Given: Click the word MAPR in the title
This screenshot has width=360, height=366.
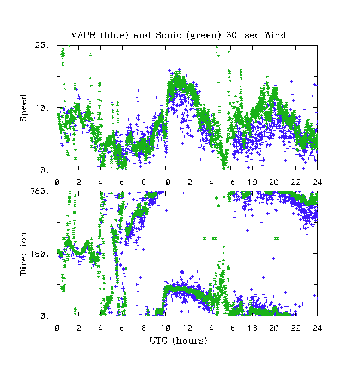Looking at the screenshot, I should tap(82, 35).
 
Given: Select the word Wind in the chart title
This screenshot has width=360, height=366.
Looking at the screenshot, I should tap(275, 35).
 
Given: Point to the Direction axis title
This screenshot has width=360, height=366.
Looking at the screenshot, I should tap(23, 253).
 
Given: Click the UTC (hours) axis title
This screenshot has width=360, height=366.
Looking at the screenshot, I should tap(179, 340).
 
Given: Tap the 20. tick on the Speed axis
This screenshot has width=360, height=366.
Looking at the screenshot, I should tap(42, 46).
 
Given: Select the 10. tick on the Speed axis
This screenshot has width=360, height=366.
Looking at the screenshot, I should tap(42, 108).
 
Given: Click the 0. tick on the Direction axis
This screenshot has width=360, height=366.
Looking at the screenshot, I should tap(44, 316).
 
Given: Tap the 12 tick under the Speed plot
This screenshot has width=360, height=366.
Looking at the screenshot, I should tap(187, 181).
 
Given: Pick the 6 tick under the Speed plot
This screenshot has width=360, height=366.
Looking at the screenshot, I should tap(123, 181).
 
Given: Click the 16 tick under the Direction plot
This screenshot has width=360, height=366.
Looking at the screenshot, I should tap(231, 327).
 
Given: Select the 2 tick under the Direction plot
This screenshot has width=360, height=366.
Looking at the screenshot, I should tap(79, 327).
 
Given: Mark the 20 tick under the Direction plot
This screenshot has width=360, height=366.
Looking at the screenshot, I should tap(274, 327).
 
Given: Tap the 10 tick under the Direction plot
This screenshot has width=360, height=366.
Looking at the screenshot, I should tap(166, 327).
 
